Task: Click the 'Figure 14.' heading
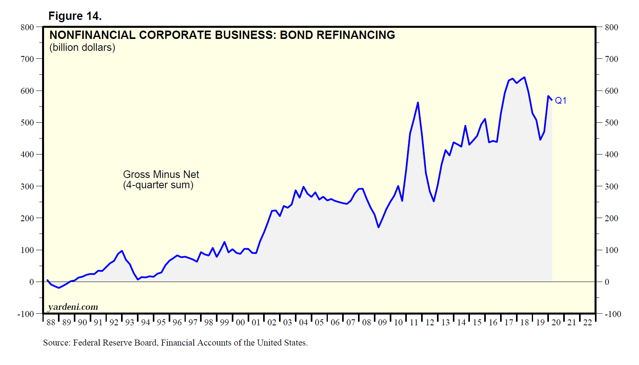pos(75,16)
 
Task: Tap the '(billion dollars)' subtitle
pos(82,48)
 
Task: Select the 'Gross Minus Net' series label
pos(161,174)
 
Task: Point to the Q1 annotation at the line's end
pos(560,100)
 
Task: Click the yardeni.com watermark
pos(73,307)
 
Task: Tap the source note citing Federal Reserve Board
pos(175,343)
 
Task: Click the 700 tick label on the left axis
pos(27,59)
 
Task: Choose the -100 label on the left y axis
pos(26,314)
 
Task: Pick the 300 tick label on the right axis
pos(611,186)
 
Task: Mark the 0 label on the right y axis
pos(607,282)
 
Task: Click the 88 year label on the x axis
pos(51,323)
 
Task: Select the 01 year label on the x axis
pos(256,323)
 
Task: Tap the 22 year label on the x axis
pos(587,323)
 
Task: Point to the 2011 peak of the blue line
pos(418,102)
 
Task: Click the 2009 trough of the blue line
pos(379,227)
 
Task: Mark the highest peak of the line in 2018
pos(524,77)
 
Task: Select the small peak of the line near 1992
pos(122,251)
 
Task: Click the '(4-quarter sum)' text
pos(158,185)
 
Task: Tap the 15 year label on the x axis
pos(477,323)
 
